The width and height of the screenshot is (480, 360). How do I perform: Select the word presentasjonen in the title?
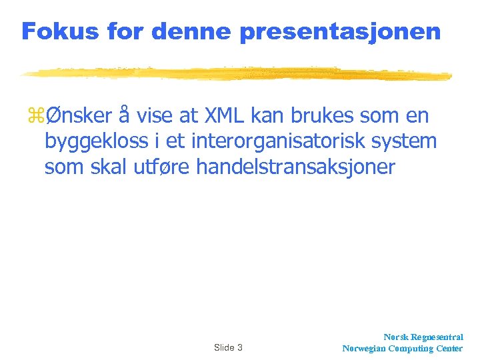(340, 31)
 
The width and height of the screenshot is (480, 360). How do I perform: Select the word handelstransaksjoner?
(295, 167)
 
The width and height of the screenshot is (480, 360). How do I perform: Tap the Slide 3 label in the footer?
(228, 347)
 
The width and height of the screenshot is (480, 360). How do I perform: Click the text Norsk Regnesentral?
(423, 337)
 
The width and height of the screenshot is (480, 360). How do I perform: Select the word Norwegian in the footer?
(365, 348)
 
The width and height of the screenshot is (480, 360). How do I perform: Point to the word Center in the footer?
(450, 348)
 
